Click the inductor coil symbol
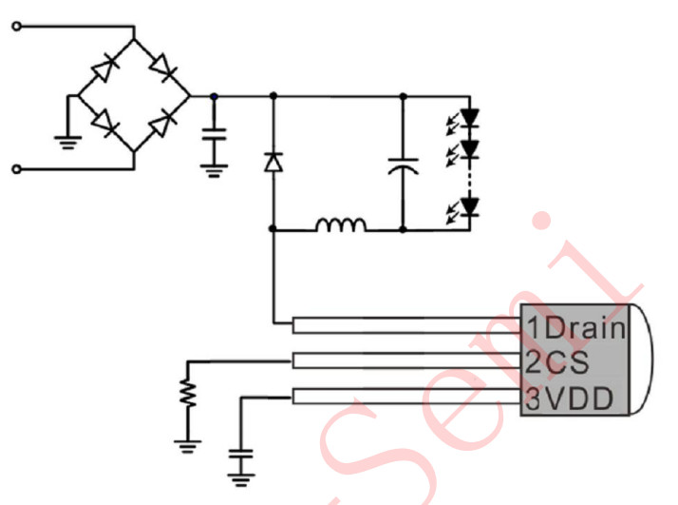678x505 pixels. [x=341, y=225]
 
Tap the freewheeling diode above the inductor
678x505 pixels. [x=273, y=163]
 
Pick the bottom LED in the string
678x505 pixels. [x=468, y=205]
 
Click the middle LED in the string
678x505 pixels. [x=468, y=148]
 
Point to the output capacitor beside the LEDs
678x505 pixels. [x=403, y=168]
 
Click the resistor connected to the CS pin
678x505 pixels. [x=188, y=393]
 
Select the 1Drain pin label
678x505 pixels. [x=576, y=329]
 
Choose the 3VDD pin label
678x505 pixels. [x=571, y=397]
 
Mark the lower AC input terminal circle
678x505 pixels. [x=15, y=169]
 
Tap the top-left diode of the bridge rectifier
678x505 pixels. [x=104, y=69]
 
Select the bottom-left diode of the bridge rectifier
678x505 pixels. [x=104, y=123]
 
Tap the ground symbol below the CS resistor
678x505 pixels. [x=188, y=442]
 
